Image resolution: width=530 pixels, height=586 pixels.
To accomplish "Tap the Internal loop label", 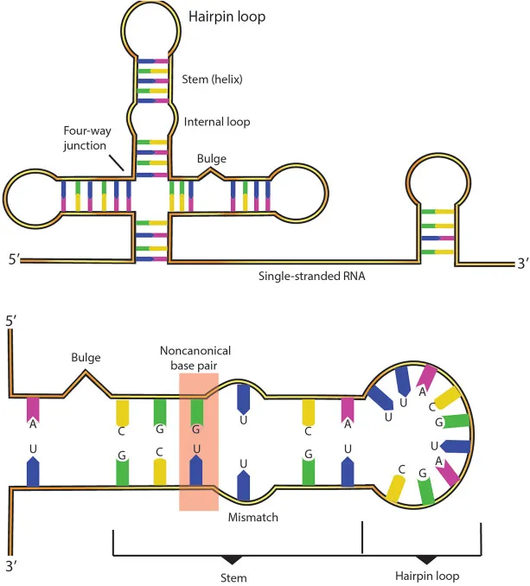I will point(217,122).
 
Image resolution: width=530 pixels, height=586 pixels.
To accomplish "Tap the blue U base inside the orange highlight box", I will point(196,467).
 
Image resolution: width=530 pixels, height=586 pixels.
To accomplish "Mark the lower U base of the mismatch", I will point(244,478).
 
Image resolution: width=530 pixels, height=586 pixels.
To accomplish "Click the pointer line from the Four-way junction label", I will point(116,159).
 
